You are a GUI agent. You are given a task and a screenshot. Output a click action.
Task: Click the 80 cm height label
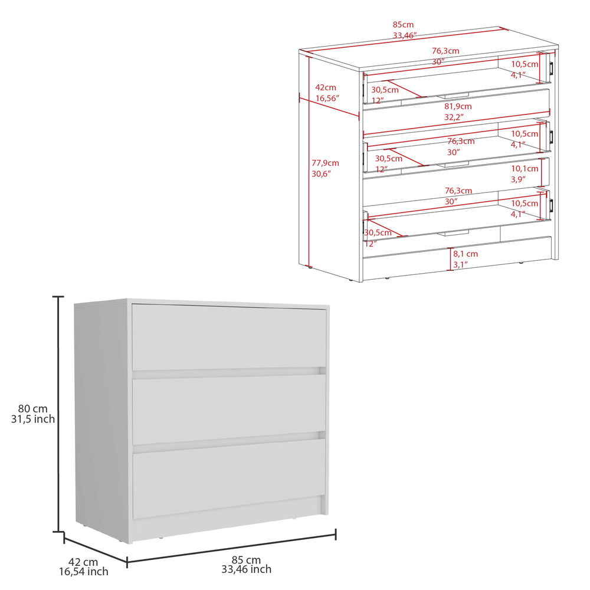tap(32, 408)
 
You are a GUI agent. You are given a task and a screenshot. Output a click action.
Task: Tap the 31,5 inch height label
tap(32, 419)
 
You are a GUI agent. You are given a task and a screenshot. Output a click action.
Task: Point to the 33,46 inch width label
tap(246, 569)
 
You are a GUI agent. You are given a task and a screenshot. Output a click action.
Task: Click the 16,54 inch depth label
tap(83, 571)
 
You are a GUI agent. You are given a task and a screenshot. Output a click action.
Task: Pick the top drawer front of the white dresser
tap(229, 337)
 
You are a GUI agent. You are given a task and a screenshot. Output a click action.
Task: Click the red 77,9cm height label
tap(325, 163)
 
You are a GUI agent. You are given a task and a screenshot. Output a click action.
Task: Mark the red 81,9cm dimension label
tap(458, 107)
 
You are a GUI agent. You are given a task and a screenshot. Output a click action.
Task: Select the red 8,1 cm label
tap(466, 254)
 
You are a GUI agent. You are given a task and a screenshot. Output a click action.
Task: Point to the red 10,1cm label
tap(525, 169)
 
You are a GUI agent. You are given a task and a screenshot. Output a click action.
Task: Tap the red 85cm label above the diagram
tap(403, 25)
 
